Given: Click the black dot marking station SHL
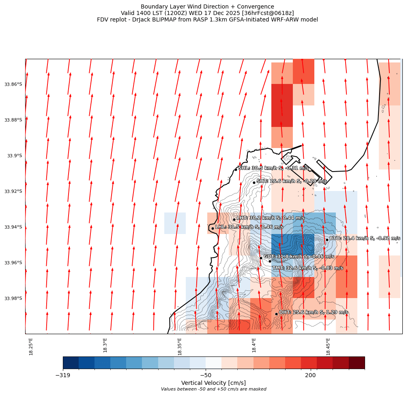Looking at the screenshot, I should coord(236,170).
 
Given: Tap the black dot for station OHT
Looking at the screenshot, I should coord(276,314).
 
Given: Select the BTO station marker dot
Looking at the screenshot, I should coord(327,240).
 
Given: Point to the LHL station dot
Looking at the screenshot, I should coord(213,228).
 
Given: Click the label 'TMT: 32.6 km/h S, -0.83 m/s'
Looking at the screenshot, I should coord(307,268).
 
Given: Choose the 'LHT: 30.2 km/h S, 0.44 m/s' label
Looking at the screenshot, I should coord(271,218).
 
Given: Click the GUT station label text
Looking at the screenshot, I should coord(299,257).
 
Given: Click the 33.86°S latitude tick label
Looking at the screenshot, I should coord(13,84).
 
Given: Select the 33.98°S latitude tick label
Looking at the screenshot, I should coord(13,298).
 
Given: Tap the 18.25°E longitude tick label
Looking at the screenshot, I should coord(31,346).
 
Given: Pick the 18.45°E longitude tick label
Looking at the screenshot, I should coord(328,346).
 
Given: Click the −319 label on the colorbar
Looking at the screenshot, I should coord(63,376).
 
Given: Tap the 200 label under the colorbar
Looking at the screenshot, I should coord(311,376).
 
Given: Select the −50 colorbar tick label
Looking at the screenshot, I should coord(206,376).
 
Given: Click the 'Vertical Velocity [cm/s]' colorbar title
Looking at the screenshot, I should coord(213,383).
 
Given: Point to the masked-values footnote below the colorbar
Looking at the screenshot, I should coord(213,389).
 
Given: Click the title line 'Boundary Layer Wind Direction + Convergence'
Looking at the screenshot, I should coord(207,6).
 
